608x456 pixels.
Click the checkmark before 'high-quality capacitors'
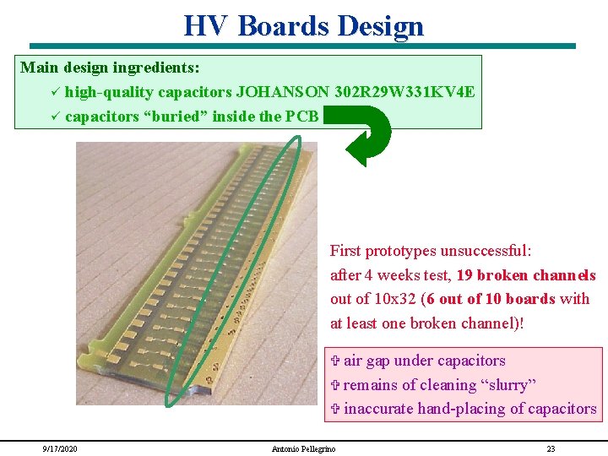[54, 91]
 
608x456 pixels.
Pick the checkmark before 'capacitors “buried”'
[54, 116]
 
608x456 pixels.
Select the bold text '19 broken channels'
[526, 275]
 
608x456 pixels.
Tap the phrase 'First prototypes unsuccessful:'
[430, 251]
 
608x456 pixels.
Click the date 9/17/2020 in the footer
[61, 448]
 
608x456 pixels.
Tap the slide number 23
[551, 448]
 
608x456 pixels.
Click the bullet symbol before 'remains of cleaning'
[334, 385]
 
